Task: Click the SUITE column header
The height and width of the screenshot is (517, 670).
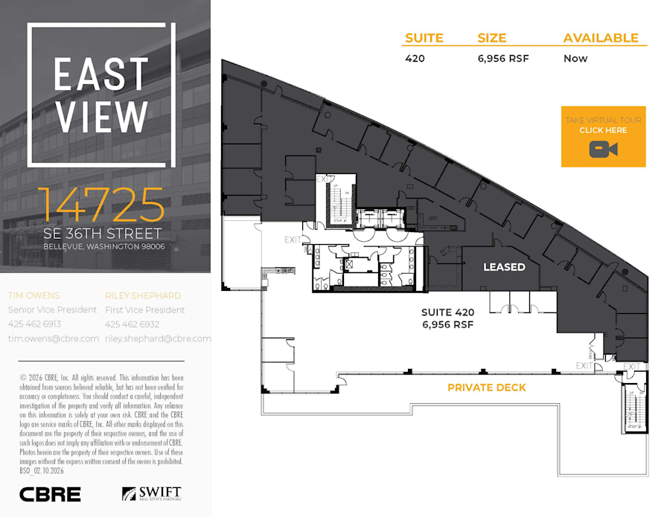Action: point(424,38)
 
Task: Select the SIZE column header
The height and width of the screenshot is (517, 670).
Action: point(491,38)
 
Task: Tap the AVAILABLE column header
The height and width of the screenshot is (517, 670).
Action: point(601,38)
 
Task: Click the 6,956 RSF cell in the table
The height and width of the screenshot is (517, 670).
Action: point(503,58)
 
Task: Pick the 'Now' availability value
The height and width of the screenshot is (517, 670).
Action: point(575,58)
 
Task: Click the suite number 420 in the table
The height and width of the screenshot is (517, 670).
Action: point(415,58)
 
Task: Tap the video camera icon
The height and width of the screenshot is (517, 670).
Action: point(603,149)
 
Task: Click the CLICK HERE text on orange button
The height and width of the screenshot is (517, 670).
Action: point(603,130)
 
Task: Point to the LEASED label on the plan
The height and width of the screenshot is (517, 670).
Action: point(504,266)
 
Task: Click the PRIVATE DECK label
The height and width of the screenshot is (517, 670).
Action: point(486,388)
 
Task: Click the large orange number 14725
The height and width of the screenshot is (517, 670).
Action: point(100,206)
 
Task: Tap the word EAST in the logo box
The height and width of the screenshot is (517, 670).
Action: point(100,74)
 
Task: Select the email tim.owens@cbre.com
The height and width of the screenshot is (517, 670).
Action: point(53,338)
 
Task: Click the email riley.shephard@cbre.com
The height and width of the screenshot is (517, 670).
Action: point(158,338)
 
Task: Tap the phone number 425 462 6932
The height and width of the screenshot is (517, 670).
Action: point(132,324)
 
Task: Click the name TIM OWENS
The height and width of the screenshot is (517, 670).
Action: point(34,295)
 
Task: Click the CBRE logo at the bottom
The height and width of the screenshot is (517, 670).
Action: point(50,494)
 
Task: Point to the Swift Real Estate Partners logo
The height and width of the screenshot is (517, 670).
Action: point(151,494)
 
